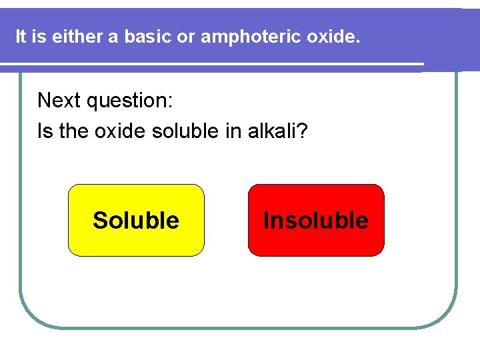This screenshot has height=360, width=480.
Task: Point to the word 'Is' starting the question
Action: (x=45, y=131)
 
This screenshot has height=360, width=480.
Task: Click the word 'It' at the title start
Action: (x=21, y=37)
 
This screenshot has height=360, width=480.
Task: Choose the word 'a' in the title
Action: (x=112, y=37)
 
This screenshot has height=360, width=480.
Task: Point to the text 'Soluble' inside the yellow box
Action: (x=136, y=221)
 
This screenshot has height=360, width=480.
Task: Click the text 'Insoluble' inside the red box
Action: (x=316, y=221)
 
